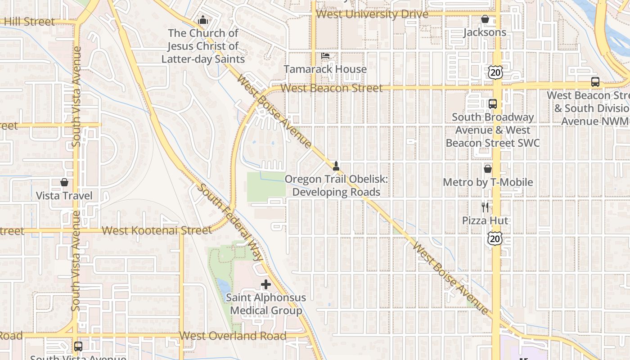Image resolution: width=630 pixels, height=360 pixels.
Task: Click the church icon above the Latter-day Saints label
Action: [x=203, y=20]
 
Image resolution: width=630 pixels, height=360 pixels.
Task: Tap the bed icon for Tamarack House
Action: [x=325, y=56]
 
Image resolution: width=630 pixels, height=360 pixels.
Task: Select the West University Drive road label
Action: [x=372, y=14]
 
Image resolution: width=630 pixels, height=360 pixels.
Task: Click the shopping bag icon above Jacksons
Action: [x=485, y=19]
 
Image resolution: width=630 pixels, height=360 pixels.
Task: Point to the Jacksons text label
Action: [x=485, y=32]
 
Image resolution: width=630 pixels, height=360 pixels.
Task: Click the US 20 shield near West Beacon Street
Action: [x=495, y=72]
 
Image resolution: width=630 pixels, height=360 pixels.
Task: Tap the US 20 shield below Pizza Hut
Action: [x=495, y=238]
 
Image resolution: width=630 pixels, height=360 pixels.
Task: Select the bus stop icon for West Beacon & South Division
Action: [x=595, y=82]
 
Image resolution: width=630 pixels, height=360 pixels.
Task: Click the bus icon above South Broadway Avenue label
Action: [x=493, y=103]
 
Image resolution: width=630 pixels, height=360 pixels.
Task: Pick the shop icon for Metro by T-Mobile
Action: [x=488, y=169]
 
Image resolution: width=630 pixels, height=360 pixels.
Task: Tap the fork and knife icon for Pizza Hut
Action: [x=485, y=207]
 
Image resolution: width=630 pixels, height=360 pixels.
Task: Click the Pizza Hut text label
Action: [x=485, y=220]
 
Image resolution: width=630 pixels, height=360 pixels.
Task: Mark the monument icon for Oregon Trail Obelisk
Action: [x=336, y=166]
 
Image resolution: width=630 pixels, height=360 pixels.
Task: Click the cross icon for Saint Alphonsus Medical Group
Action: [x=266, y=284]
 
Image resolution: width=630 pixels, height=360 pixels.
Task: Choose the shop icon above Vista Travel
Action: [x=64, y=182]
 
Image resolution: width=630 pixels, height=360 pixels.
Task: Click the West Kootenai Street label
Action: [x=157, y=231]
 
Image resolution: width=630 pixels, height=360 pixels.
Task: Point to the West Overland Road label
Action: [x=233, y=336]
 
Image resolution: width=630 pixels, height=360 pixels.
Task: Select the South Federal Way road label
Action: [x=229, y=222]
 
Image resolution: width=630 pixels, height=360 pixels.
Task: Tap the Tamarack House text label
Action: [x=325, y=69]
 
